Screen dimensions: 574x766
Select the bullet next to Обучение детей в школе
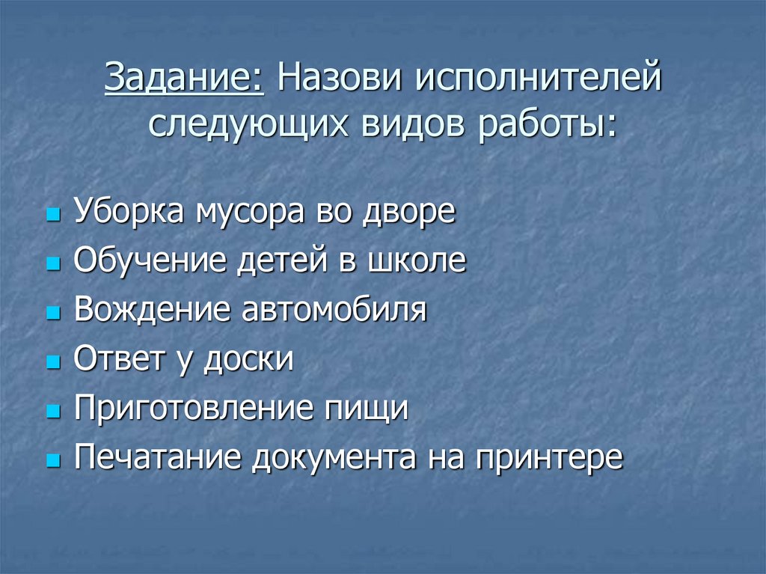pos(52,264)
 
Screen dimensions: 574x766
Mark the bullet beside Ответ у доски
pos(52,362)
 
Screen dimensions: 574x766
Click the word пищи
pos(366,410)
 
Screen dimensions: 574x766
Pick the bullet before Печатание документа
pos(52,460)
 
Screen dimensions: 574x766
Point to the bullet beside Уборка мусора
pos(52,215)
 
